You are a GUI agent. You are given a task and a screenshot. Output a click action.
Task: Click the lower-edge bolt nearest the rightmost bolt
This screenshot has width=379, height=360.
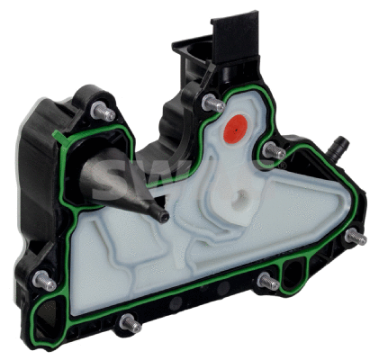coord(267,282)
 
